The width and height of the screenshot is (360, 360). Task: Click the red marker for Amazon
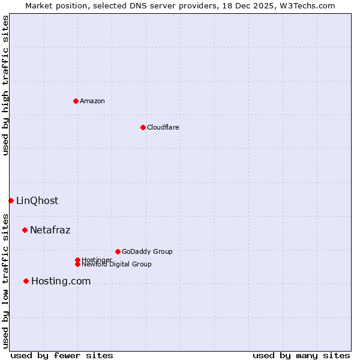tap(76, 101)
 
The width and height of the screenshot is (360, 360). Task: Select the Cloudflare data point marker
tap(143, 127)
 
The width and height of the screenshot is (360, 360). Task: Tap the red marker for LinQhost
tap(11, 200)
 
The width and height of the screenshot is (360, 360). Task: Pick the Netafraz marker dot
tap(25, 230)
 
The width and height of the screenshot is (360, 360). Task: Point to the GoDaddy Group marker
tap(118, 251)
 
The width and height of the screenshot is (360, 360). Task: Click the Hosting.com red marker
tap(26, 281)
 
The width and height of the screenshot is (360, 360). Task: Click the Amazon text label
tap(92, 101)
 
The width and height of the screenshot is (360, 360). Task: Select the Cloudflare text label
tap(163, 127)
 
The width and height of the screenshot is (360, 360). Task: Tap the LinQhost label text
tap(37, 200)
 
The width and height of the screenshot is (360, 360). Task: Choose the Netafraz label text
tap(50, 230)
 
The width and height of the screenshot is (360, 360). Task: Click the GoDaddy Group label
tap(147, 251)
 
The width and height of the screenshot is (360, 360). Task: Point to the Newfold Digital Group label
tap(117, 264)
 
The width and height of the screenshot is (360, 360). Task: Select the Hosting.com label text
tap(61, 281)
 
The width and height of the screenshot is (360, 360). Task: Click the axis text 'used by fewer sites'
tap(62, 355)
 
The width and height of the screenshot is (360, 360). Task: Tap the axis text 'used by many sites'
tap(301, 355)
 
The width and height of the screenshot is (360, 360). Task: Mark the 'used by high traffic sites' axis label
tap(6, 85)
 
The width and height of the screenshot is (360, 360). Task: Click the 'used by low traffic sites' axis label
tap(6, 281)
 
